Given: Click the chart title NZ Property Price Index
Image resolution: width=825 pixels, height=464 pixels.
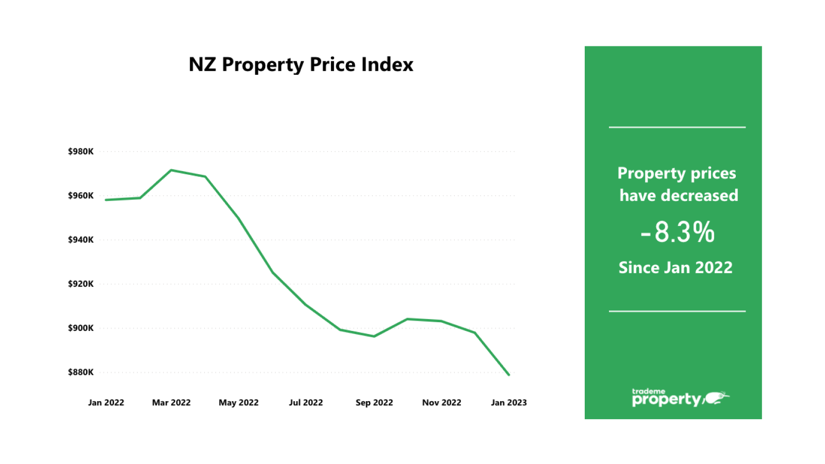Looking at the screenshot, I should point(301,65).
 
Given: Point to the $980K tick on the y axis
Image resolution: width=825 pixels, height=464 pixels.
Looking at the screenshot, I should point(81,152).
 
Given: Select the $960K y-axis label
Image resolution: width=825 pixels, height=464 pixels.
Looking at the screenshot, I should point(81,196).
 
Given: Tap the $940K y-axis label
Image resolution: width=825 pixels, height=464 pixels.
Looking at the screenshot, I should point(81,240).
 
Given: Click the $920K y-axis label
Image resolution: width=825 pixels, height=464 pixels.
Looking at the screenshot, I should point(81,284).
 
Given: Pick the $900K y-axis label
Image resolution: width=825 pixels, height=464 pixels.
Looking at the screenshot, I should point(81,328).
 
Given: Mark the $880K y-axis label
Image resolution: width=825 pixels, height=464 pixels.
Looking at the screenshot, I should point(81,372).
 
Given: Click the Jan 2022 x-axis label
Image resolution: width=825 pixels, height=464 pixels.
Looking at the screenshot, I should point(106,403).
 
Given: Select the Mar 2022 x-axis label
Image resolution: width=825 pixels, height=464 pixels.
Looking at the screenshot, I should point(171,403).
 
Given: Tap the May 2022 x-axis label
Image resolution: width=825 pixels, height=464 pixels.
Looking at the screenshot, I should point(238,403).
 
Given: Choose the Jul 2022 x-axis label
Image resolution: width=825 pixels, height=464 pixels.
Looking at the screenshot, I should point(306,403).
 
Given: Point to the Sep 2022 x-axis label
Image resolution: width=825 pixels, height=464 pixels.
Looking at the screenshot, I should point(374,403).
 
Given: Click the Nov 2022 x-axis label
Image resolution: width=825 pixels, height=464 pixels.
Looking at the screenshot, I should point(441,403).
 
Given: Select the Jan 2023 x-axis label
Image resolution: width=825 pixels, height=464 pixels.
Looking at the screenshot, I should point(508,403).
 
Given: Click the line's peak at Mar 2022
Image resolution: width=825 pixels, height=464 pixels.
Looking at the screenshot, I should point(171,170).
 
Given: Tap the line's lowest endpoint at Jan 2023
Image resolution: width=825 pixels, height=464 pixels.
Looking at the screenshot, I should point(509,375).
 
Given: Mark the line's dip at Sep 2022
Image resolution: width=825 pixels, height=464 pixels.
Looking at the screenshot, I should point(374,336).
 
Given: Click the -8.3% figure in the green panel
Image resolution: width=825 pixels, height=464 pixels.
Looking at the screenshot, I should point(678,233).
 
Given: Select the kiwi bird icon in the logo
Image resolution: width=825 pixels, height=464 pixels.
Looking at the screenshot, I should point(716,398).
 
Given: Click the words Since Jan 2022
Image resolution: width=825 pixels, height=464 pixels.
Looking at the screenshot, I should point(675,268).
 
